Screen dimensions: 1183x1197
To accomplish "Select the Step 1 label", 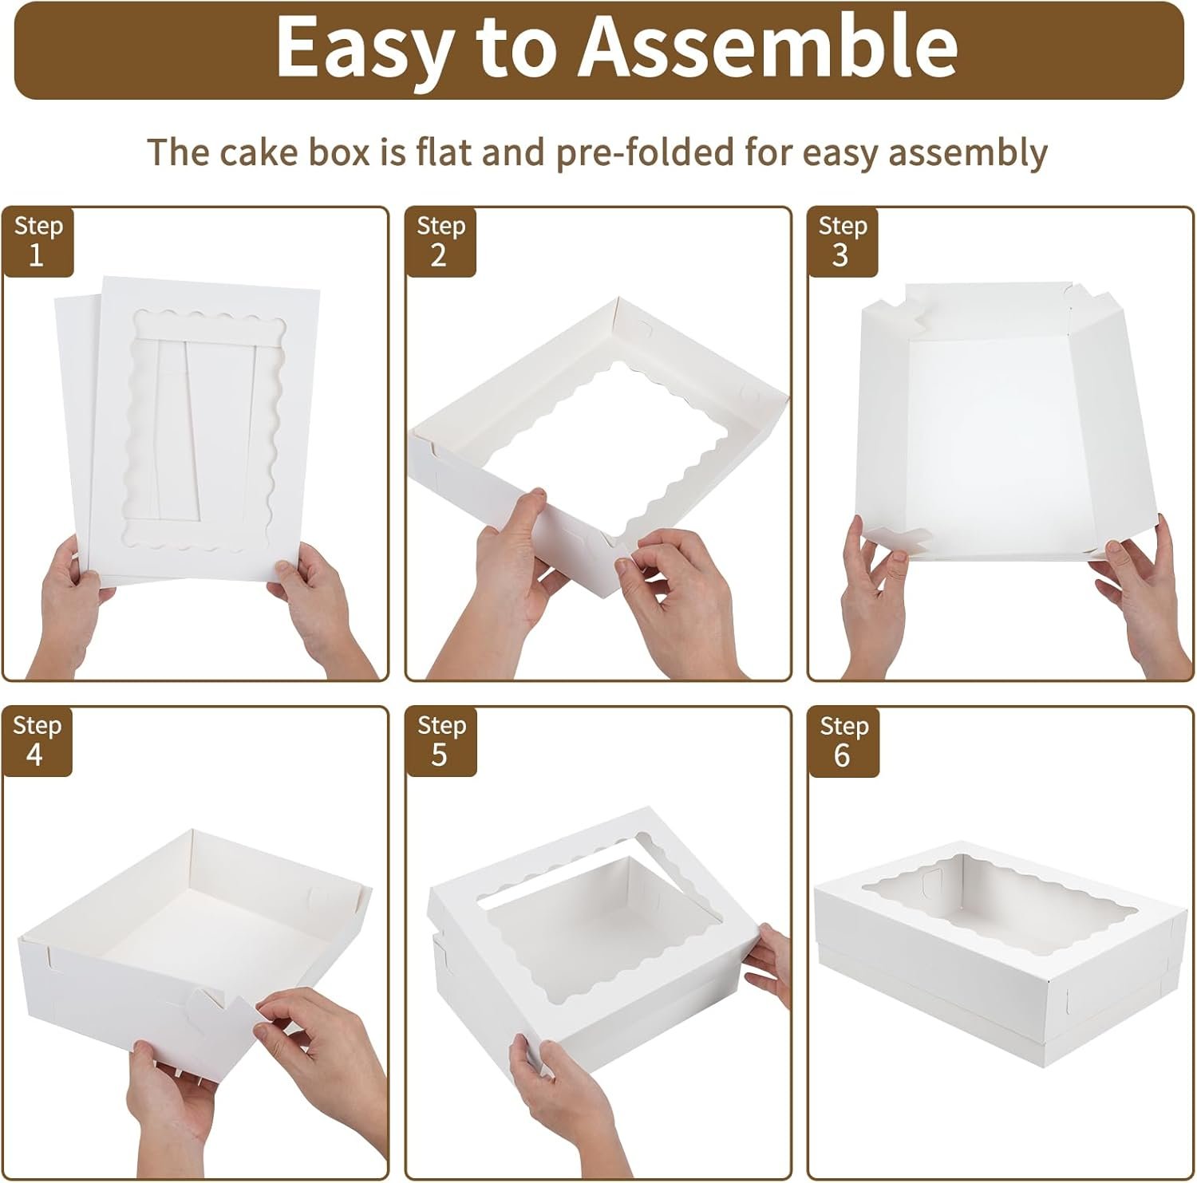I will click(38, 241).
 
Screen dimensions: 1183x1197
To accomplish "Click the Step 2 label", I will click(440, 241).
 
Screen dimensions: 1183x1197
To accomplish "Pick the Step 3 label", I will click(843, 241).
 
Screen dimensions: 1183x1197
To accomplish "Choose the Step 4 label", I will click(37, 740).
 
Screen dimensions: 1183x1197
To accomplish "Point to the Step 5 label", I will click(440, 740).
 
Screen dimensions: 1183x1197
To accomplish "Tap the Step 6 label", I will click(843, 740).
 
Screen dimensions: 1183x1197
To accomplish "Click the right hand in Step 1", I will click(319, 606).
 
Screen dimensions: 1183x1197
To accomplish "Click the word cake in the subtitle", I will click(247, 152).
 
